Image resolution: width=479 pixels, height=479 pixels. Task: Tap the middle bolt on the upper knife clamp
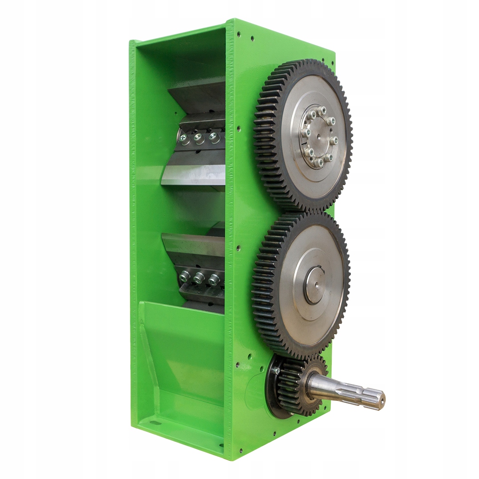[199, 138]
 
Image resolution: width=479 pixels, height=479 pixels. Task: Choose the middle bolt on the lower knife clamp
[199, 278]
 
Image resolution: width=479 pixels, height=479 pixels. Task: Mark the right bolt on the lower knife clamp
[214, 279]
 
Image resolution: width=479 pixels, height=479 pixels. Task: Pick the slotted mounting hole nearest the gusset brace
[155, 422]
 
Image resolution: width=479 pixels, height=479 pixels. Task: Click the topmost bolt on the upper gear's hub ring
[322, 109]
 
